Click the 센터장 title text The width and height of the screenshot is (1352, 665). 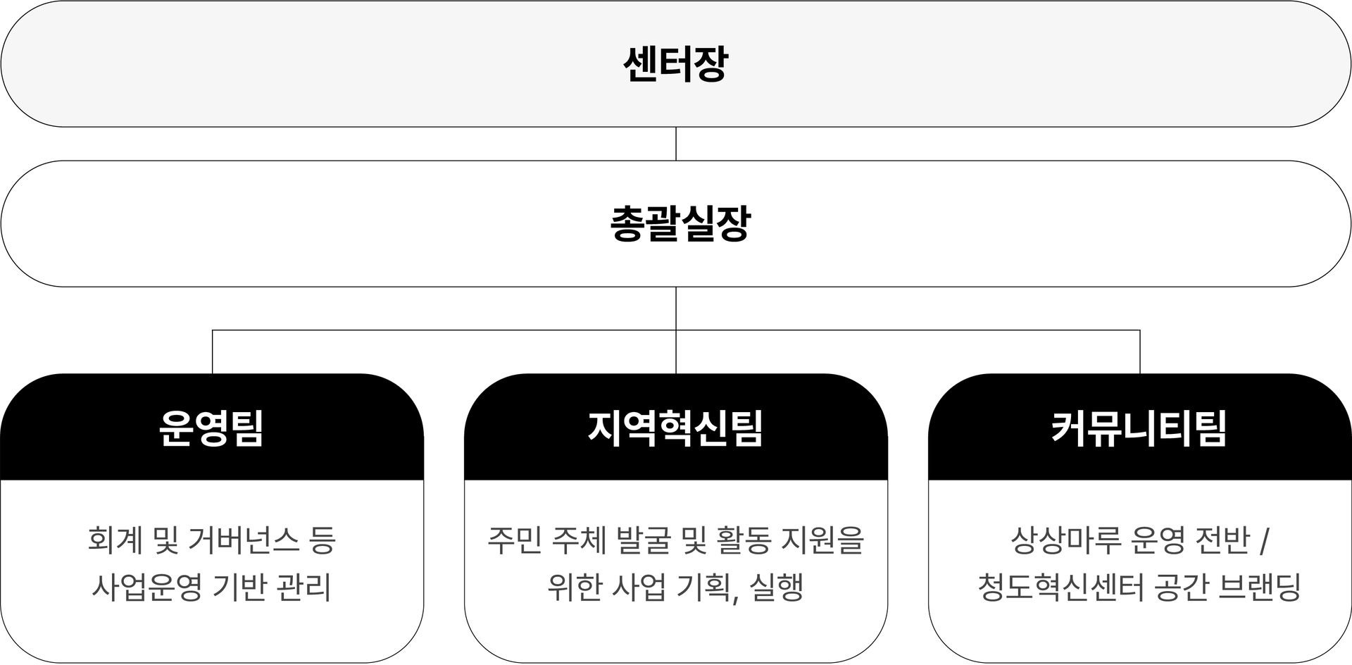click(x=675, y=65)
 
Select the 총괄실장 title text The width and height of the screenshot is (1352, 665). click(x=680, y=224)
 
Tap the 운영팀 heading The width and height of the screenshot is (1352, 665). click(x=211, y=428)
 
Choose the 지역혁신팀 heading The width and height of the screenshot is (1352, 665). click(x=675, y=428)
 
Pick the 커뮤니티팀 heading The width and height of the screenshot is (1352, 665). click(x=1139, y=428)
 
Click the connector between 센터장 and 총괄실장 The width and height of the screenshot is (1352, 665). click(x=676, y=144)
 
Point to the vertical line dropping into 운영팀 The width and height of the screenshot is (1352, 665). click(x=213, y=352)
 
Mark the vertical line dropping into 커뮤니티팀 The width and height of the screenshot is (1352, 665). click(x=1139, y=352)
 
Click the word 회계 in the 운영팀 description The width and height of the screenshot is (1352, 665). click(x=112, y=540)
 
